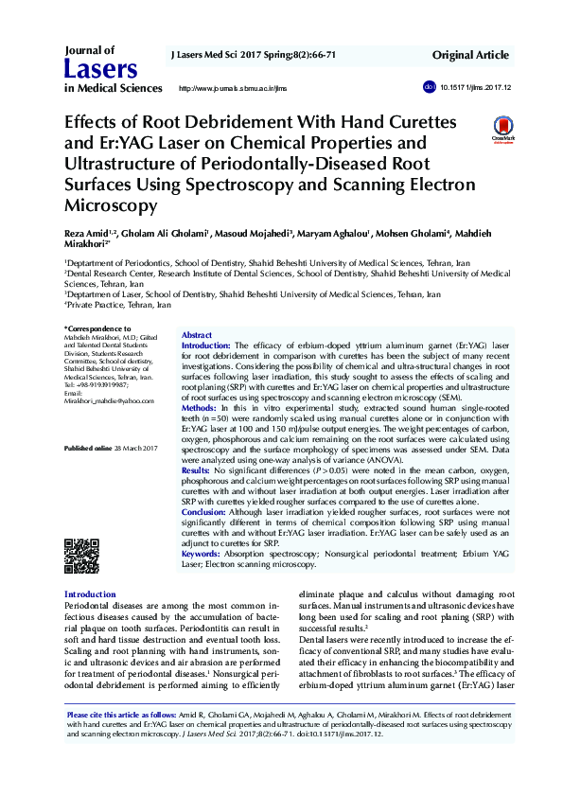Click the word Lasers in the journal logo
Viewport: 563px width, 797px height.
(x=100, y=68)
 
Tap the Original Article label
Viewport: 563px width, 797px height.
(x=472, y=56)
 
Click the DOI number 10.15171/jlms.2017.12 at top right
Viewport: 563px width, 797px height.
(x=474, y=87)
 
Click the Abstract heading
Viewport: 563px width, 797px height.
(x=196, y=336)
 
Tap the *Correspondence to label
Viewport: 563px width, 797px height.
(x=97, y=328)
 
